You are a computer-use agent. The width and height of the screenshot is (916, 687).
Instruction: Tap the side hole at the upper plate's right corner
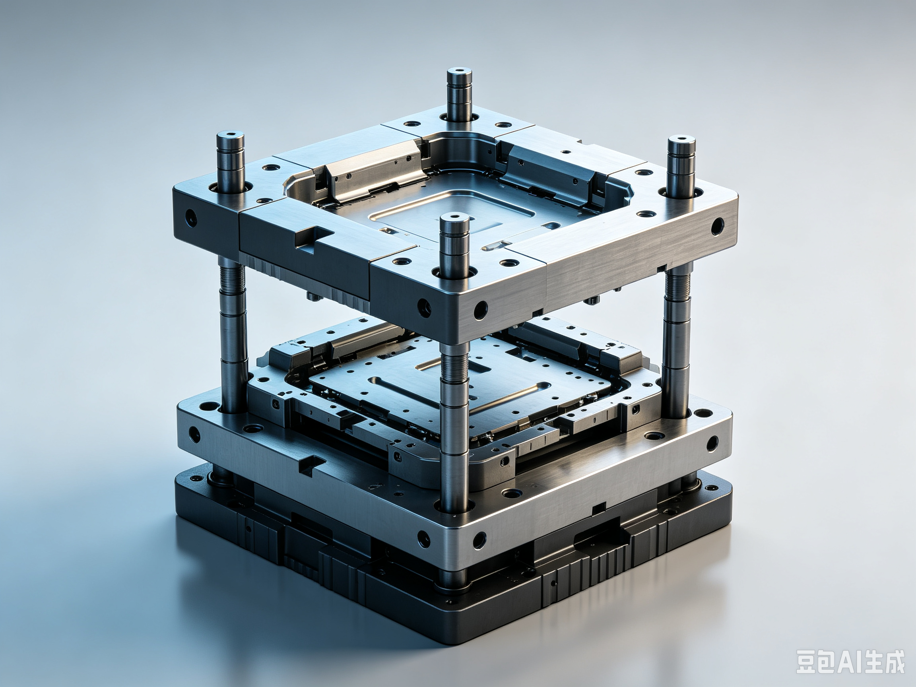coord(717,227)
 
